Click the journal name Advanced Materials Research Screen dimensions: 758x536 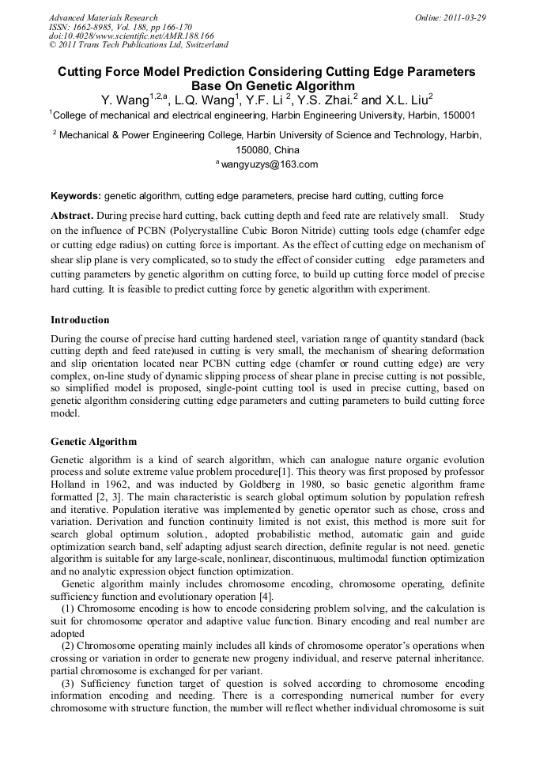103,17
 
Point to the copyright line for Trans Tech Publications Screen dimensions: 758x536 138,46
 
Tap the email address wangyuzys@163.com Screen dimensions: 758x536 269,164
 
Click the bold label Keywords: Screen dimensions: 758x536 76,196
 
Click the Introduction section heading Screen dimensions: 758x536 81,320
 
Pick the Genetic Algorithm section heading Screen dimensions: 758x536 93,442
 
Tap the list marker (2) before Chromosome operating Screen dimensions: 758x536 67,646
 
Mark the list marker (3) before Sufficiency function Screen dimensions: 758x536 67,683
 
